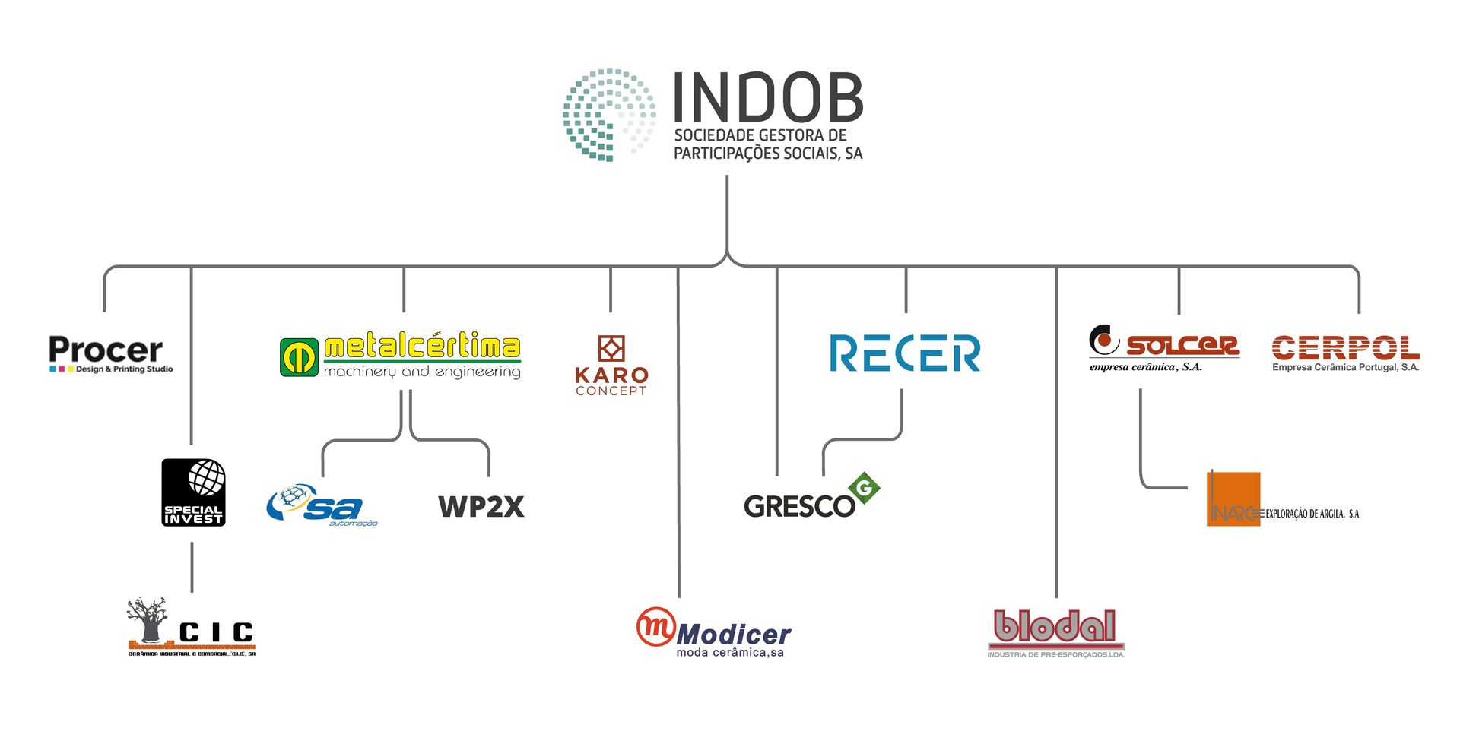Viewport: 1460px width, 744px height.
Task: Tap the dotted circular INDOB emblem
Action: tap(609, 115)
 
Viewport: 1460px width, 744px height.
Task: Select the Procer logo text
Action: tap(106, 350)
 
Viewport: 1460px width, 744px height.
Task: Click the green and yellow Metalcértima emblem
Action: tap(299, 357)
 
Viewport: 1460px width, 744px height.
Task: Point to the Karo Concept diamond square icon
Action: tap(611, 349)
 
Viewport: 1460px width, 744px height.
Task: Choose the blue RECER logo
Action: tap(905, 353)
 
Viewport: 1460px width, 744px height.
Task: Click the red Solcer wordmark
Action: tap(1182, 346)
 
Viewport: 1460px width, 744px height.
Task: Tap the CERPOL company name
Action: tap(1345, 348)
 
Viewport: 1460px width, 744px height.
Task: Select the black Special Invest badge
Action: tap(193, 492)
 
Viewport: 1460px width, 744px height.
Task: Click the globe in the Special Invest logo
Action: tap(207, 478)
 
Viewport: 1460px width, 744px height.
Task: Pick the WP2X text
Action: tap(481, 507)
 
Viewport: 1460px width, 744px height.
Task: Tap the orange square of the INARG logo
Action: tap(1233, 499)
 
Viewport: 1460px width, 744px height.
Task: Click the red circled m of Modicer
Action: tap(655, 627)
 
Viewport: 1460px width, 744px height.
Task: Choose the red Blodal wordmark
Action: tap(1055, 627)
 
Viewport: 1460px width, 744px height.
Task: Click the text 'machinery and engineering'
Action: tap(422, 372)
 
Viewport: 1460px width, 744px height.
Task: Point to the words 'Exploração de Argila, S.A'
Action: tap(1312, 514)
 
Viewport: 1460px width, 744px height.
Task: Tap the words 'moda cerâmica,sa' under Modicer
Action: tap(730, 653)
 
